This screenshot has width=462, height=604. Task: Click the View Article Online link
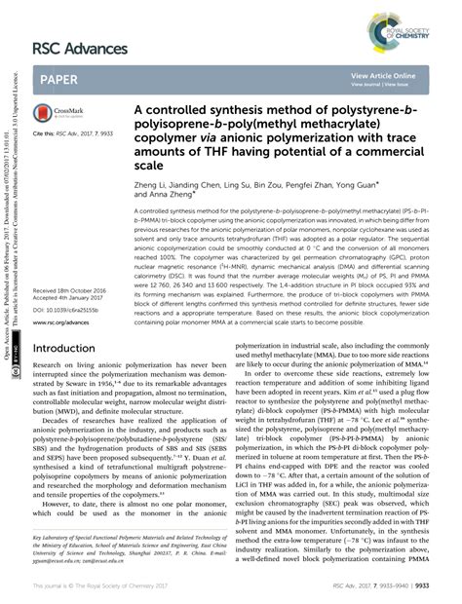pos(383,75)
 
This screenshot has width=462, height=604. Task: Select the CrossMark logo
pos(57,115)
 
